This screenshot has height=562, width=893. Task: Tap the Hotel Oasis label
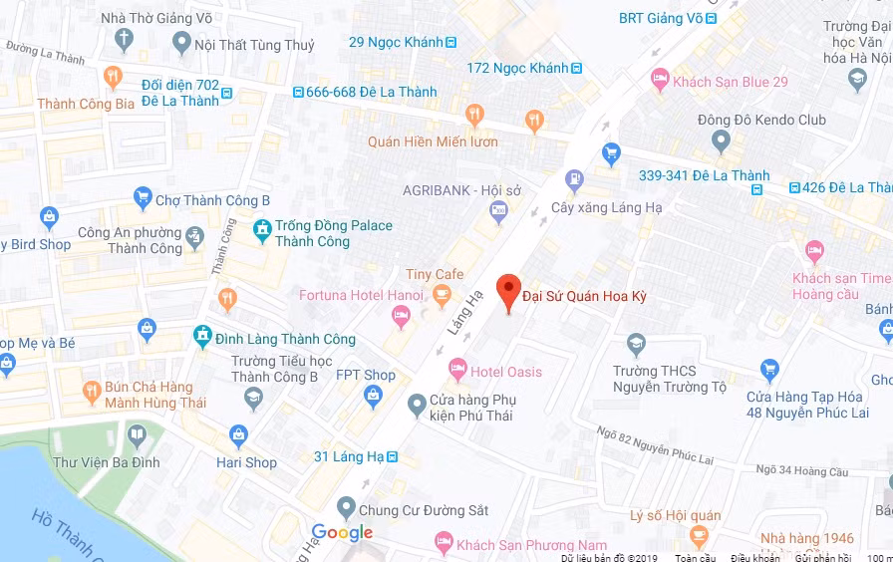pyautogui.click(x=506, y=372)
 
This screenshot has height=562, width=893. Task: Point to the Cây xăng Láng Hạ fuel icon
pyautogui.click(x=574, y=181)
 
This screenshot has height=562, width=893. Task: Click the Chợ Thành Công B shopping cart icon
pyautogui.click(x=143, y=197)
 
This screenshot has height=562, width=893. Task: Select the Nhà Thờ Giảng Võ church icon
pyautogui.click(x=124, y=41)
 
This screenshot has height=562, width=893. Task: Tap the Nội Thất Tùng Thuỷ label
pyautogui.click(x=254, y=45)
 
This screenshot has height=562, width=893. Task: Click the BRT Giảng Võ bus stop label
pyautogui.click(x=665, y=18)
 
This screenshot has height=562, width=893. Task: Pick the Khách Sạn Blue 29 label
pyautogui.click(x=731, y=82)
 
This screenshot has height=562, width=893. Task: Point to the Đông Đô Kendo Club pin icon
pyautogui.click(x=721, y=142)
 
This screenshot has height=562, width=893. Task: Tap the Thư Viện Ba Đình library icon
pyautogui.click(x=136, y=434)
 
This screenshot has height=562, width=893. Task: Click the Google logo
pyautogui.click(x=342, y=533)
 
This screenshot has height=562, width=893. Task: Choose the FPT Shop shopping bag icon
pyautogui.click(x=374, y=397)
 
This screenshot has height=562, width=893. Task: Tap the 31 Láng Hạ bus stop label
pyautogui.click(x=349, y=456)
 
